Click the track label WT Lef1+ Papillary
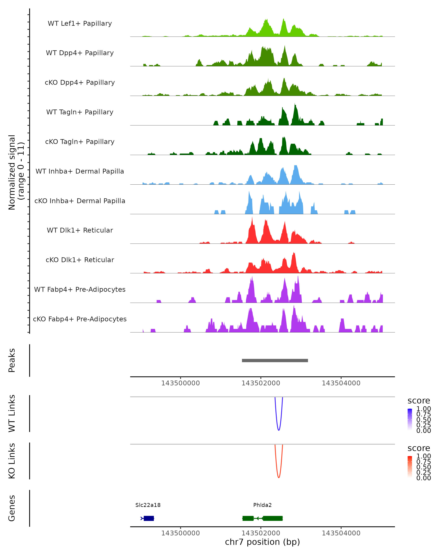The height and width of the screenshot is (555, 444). click(x=80, y=23)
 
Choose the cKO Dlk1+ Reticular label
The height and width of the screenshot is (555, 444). click(x=80, y=260)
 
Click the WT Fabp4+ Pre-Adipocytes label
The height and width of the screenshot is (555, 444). click(x=80, y=289)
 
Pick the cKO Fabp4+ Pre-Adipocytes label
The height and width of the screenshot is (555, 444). click(x=80, y=319)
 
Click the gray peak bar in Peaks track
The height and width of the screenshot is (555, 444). click(x=275, y=360)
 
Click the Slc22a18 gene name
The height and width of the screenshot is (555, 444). click(x=148, y=505)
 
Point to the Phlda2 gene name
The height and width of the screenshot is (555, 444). click(x=262, y=505)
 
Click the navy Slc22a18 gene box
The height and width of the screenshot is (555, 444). click(x=149, y=518)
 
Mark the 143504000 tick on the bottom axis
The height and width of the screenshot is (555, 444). click(x=341, y=533)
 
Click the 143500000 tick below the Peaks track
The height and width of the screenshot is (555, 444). click(x=180, y=383)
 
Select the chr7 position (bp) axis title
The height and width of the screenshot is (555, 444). click(x=262, y=542)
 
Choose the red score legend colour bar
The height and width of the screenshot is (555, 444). click(x=410, y=467)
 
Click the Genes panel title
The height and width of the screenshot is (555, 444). click(x=12, y=508)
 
